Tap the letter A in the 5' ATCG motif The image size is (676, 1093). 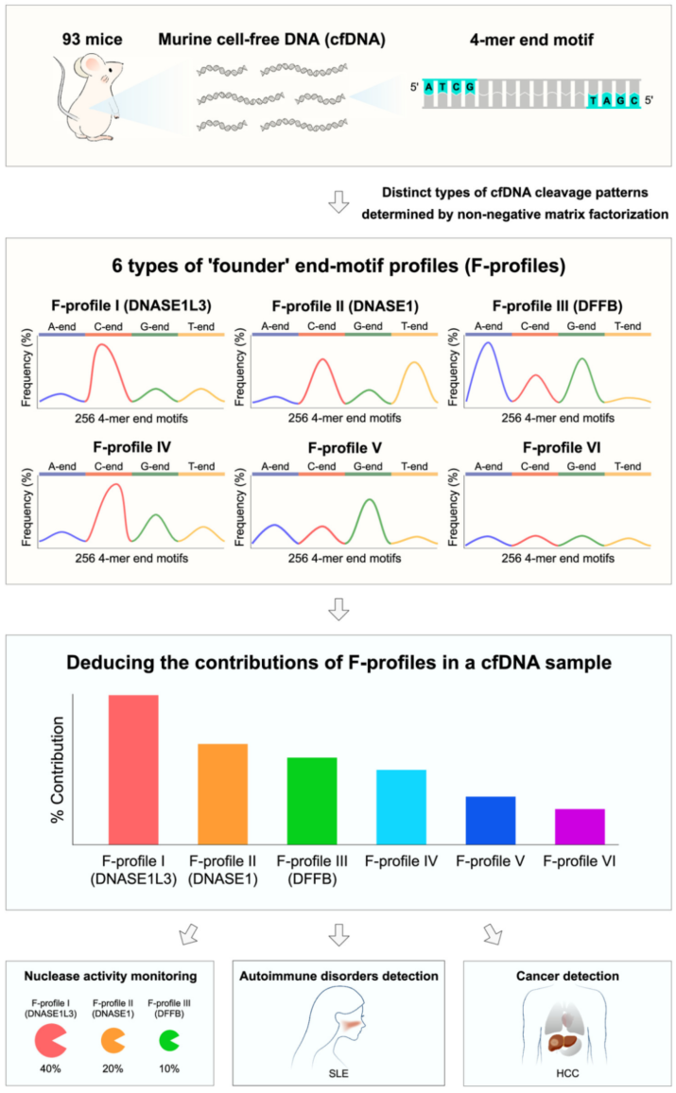(430, 87)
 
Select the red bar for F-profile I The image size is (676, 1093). (133, 769)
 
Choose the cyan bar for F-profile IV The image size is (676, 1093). (401, 807)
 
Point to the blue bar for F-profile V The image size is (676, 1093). (491, 820)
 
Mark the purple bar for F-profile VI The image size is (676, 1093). (580, 826)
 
